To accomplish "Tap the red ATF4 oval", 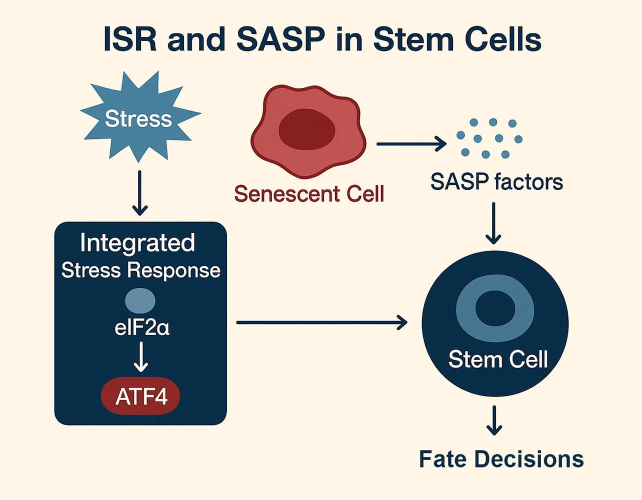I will (x=140, y=396).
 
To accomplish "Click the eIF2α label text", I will (x=141, y=328).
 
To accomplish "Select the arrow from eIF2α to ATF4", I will (x=141, y=356).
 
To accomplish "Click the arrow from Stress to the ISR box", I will (x=139, y=193).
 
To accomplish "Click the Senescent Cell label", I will (x=309, y=194).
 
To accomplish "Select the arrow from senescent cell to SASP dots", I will (x=411, y=144).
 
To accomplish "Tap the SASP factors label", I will (x=496, y=182).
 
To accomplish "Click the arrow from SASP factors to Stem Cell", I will (x=493, y=223).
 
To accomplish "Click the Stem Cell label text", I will (x=498, y=359).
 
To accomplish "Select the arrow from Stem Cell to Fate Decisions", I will (x=494, y=420).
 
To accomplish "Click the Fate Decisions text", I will (x=501, y=459).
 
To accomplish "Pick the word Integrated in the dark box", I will (x=137, y=243).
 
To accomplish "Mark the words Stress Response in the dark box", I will (x=140, y=270).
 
